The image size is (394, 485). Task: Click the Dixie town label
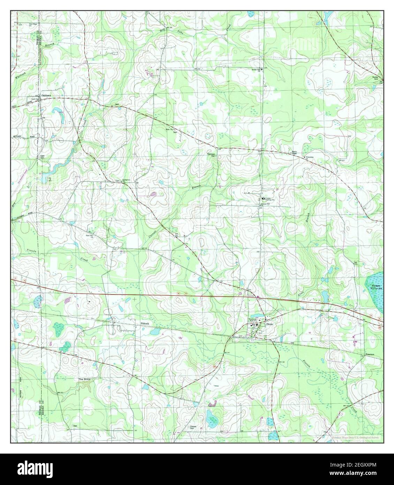tap(271, 323)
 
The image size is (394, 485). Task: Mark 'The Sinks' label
tap(85, 379)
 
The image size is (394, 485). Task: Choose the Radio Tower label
tap(294, 153)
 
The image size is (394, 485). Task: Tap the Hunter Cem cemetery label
tap(376, 78)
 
